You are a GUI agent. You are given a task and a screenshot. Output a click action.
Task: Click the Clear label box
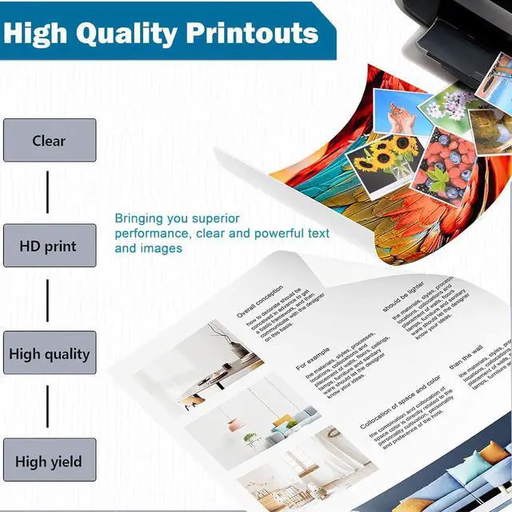point(50,141)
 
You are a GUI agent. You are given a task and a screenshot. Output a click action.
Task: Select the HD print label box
point(50,246)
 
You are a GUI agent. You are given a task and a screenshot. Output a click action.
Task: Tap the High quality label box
point(50,354)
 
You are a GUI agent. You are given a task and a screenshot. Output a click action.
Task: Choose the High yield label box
point(50,461)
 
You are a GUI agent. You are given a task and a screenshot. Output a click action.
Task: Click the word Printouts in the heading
point(252,34)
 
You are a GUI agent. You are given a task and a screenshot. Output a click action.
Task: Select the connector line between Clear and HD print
point(48,193)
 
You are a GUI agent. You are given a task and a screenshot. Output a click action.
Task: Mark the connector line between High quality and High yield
point(48,407)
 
